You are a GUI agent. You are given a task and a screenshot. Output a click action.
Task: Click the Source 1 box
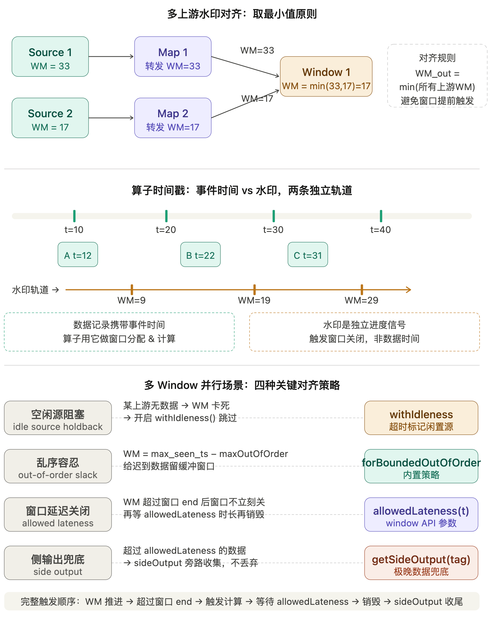coord(50,57)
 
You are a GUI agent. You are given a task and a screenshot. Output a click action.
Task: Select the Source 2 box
coord(50,118)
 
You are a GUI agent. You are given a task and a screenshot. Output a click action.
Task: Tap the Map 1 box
coord(173,57)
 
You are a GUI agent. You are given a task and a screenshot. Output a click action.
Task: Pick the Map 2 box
coord(173,118)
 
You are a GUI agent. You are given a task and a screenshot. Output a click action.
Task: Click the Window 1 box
coord(326,77)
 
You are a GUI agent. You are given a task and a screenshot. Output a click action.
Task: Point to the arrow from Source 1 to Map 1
coord(111,57)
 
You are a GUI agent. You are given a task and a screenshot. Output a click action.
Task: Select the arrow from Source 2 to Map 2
coord(111,118)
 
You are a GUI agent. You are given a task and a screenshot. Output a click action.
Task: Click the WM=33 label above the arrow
coord(257,50)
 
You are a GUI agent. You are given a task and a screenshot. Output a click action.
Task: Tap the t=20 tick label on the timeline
coord(166,230)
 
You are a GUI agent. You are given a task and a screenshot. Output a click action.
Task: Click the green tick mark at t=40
coord(381,216)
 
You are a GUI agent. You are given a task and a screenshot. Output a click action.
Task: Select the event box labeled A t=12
coord(78,255)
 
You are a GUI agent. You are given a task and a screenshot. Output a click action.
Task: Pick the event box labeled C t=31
coord(308,255)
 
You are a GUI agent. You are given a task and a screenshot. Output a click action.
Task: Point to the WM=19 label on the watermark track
coord(254,300)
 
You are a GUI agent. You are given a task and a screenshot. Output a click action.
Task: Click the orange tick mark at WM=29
coord(362,290)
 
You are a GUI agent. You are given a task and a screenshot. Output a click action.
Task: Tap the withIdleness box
coord(421,418)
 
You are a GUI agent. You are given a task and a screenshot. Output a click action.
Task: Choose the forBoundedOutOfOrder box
coord(421,466)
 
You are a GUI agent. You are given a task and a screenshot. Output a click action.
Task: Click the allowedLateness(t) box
coord(421,515)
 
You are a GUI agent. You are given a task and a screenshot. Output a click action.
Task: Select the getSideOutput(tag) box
coord(421,563)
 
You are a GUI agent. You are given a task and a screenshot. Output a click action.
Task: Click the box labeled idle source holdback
coord(58,418)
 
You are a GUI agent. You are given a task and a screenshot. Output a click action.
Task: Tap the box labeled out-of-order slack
coord(58,466)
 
